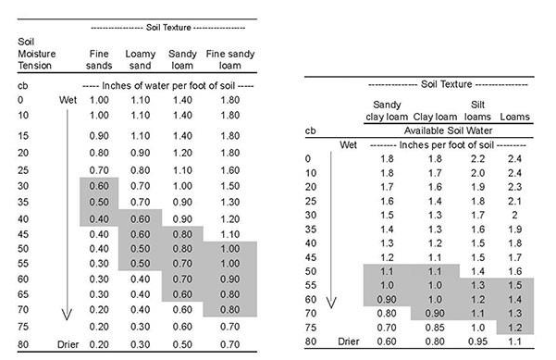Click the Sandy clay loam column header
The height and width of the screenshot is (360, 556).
click(389, 111)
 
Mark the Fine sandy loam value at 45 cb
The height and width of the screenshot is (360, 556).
click(230, 234)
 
